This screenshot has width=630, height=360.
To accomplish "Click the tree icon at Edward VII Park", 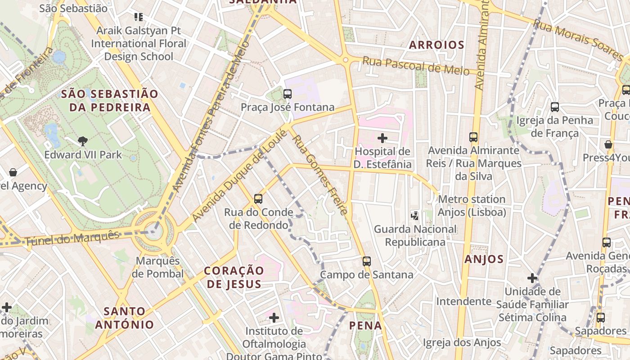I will click(82, 141).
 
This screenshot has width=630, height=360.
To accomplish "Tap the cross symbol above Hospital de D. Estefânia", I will click(382, 138).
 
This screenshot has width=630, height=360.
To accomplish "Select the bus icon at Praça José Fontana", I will click(288, 94).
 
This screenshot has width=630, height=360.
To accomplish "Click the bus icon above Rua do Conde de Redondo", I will click(258, 198).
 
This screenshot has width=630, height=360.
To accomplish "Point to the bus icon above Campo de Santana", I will click(367, 261).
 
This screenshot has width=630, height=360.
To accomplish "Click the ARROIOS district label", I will click(436, 45).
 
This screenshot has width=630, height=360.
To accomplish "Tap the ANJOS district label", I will click(484, 259).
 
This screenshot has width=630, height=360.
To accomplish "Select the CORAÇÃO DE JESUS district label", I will click(234, 277).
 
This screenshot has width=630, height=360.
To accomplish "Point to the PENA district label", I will click(365, 325).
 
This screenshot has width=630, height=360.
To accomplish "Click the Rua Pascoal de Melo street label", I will click(416, 66).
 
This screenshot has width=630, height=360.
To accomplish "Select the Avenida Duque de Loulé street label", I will click(239, 175).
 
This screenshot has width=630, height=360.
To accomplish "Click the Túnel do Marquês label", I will click(72, 238).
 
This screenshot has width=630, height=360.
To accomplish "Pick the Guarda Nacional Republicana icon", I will click(415, 216).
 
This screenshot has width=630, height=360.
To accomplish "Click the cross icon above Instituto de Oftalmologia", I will click(274, 318).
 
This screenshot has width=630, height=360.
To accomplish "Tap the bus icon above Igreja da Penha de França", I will click(555, 107).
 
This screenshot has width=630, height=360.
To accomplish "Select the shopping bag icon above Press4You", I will click(608, 144).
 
